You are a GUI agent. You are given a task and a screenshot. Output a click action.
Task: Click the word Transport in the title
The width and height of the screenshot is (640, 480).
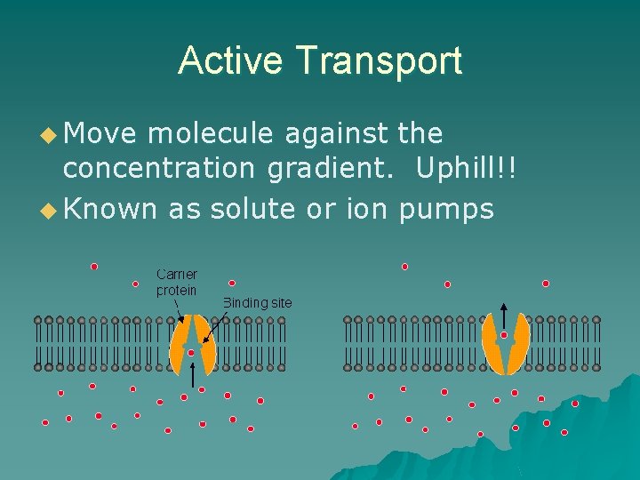coord(380,60)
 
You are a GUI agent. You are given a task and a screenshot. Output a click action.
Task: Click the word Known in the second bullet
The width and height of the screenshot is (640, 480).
coord(112,209)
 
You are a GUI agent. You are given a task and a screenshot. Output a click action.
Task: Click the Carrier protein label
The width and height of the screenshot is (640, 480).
coord(177,282)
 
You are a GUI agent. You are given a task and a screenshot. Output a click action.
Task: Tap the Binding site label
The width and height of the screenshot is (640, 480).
coord(257,302)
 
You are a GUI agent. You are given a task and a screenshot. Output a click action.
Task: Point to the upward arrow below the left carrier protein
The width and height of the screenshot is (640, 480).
coord(194,376)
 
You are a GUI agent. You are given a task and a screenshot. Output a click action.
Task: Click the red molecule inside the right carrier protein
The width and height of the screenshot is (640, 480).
coord(504,335)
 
